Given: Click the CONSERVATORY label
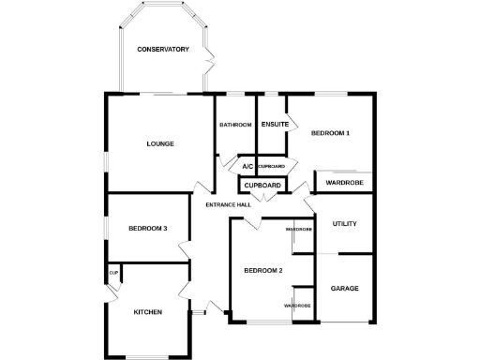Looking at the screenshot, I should tap(163, 49).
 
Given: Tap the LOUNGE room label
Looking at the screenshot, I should tap(160, 143).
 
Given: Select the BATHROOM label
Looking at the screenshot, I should tap(235, 125).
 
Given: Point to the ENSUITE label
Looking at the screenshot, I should tap(274, 125).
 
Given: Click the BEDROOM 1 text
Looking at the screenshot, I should tap(330, 133).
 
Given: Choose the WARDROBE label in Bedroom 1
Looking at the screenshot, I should tap(344, 182).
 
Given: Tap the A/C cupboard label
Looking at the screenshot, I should tap(247, 167).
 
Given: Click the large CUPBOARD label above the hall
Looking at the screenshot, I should tap(262, 186).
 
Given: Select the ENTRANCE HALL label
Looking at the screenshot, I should tap(229, 205).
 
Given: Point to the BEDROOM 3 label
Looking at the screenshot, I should tap(148, 229).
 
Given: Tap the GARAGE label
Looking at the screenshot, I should tap(344, 288).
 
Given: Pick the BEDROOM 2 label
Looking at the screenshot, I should tap(263, 271).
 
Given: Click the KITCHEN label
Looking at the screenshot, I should tap(149, 311).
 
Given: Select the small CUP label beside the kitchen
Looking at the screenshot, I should tap(112, 274).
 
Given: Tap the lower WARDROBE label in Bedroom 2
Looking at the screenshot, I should tap(297, 306).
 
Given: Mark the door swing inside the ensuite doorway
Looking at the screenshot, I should tap(292, 121).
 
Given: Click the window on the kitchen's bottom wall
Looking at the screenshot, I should tap(148, 357).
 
